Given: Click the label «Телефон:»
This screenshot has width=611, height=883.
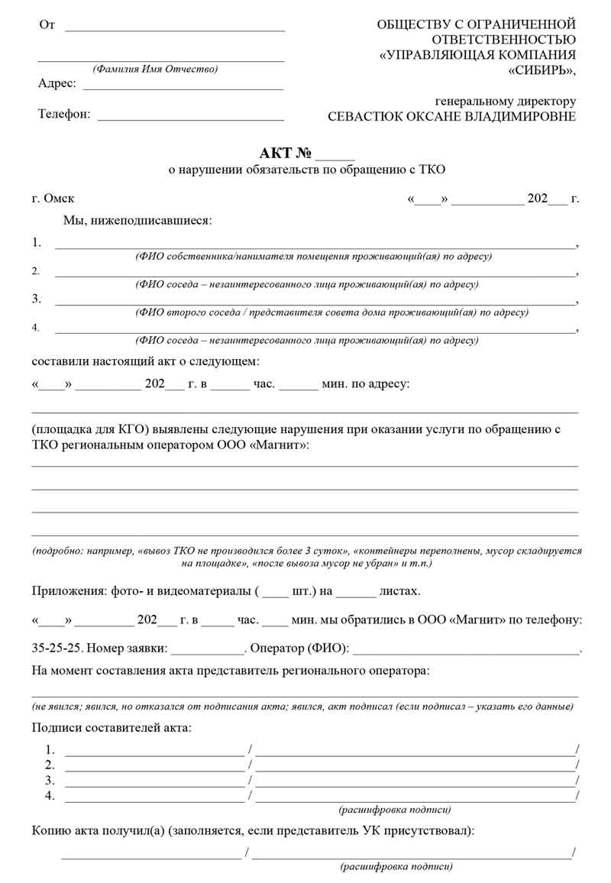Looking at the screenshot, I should (x=64, y=115).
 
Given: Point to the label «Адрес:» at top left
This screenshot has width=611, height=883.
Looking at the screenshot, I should (x=57, y=83).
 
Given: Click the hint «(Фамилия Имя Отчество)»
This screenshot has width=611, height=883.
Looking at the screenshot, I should (x=155, y=69).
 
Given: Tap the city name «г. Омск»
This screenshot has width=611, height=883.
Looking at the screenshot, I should (x=53, y=199).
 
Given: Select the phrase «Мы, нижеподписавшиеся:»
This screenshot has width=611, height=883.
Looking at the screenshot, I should (x=137, y=221).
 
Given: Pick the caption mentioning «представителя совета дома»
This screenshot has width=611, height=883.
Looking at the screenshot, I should (x=331, y=312).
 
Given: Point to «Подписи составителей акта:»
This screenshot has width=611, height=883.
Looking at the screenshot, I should (x=112, y=728).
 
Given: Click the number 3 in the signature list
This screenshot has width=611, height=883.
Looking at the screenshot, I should (x=50, y=780).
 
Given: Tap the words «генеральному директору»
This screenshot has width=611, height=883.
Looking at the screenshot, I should (x=506, y=101).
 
